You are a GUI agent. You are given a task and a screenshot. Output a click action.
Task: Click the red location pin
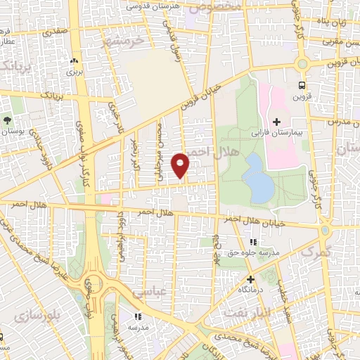(x=181, y=164)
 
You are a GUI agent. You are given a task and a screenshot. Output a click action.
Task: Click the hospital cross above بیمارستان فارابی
(x=277, y=122)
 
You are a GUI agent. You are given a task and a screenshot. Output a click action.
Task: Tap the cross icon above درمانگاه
(x=250, y=279)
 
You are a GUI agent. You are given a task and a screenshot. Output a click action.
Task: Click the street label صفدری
(x=56, y=31)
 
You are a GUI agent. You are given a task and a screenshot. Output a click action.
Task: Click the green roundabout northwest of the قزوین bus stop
(x=302, y=63)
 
